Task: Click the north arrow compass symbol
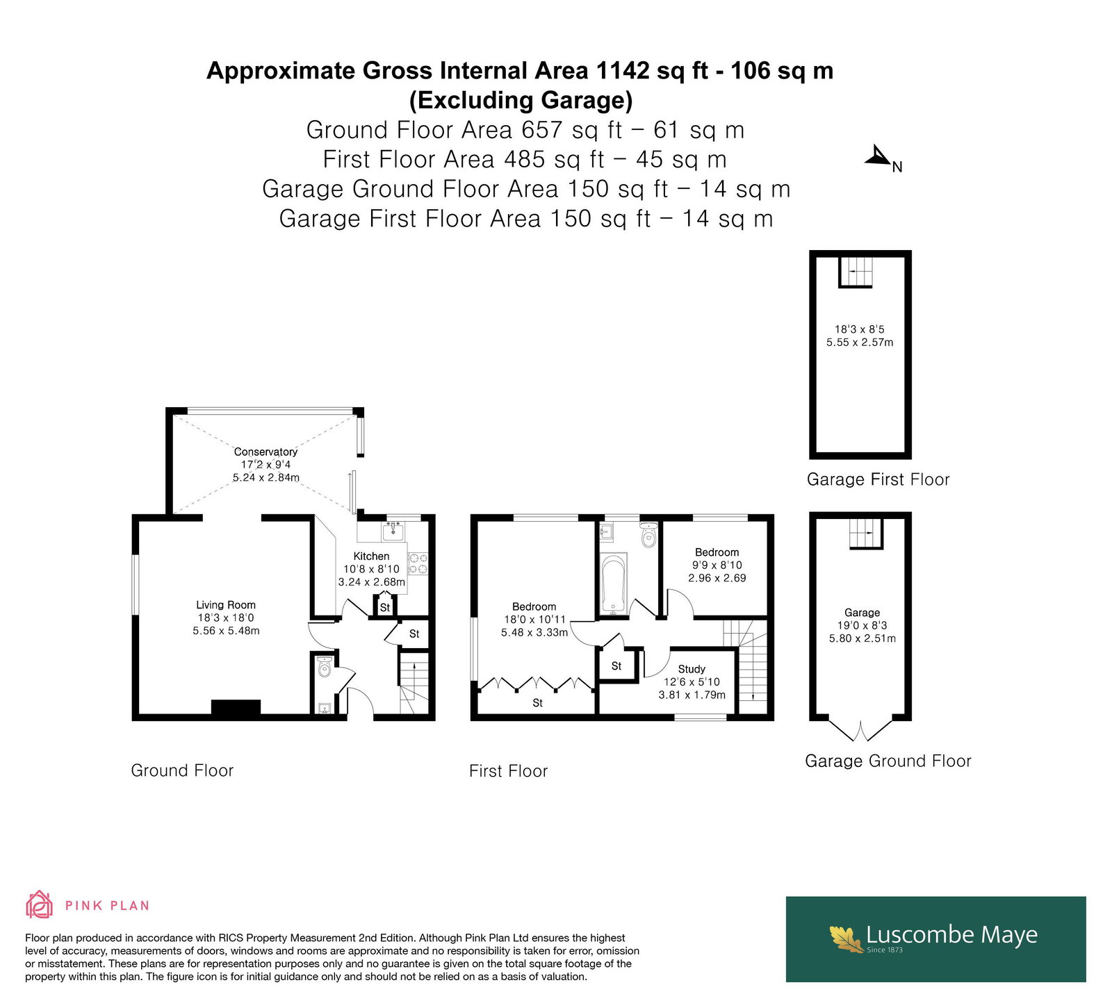tap(879, 157)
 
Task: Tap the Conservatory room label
tap(265, 452)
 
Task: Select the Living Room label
tap(226, 605)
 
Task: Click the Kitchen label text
tap(371, 556)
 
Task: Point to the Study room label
tap(692, 669)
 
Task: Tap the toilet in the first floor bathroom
tap(648, 535)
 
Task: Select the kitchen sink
tap(394, 531)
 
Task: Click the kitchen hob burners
tap(417, 563)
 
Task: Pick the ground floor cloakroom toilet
tap(323, 668)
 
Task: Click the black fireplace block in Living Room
tap(236, 707)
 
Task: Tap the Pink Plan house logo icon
tap(39, 904)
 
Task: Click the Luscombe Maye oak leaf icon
tap(846, 938)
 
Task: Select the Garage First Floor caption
tap(878, 479)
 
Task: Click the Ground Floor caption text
tap(182, 770)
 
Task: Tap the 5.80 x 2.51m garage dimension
tap(862, 638)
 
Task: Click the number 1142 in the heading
tap(620, 71)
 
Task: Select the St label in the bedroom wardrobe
tap(537, 703)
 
